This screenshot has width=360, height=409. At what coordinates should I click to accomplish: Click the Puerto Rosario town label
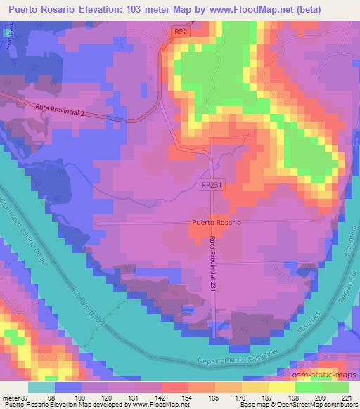[x=217, y=223]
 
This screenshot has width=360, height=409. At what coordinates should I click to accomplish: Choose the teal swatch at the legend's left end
[x=41, y=387]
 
